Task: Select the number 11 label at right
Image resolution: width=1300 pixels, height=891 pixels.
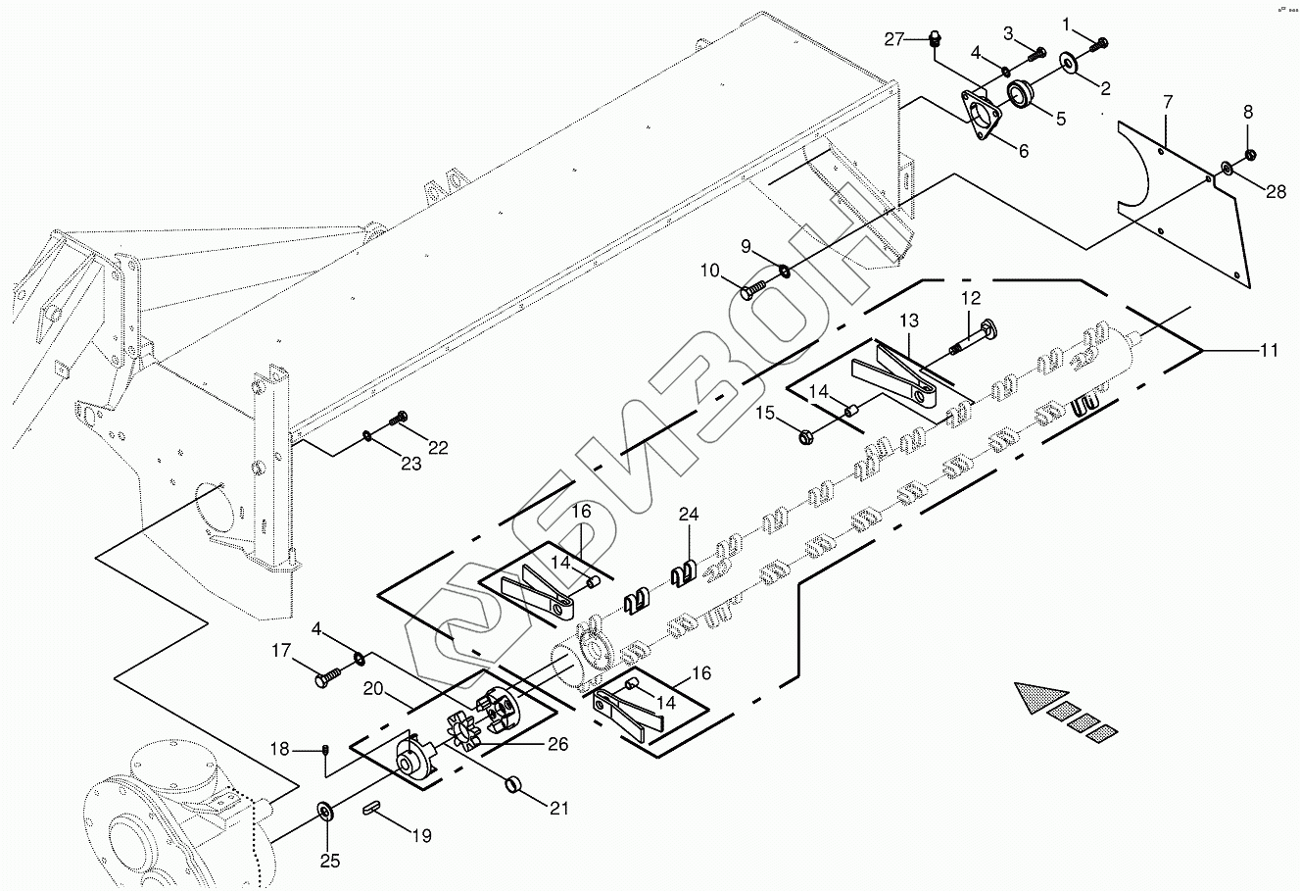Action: click(1269, 350)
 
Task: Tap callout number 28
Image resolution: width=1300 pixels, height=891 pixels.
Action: click(1276, 192)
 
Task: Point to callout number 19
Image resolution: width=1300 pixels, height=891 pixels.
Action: click(421, 836)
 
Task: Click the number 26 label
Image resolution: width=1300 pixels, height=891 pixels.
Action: click(557, 744)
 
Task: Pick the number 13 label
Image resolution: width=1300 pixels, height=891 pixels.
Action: click(909, 322)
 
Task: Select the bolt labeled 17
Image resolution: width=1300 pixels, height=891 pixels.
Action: click(329, 677)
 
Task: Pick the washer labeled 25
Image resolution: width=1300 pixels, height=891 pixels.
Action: click(323, 813)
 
